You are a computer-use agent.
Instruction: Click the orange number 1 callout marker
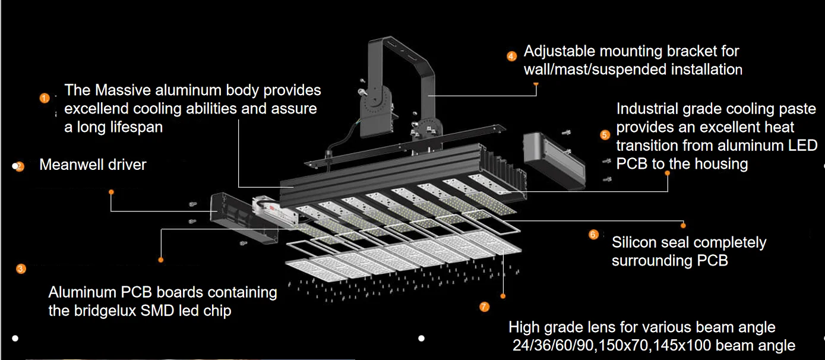tap(45, 99)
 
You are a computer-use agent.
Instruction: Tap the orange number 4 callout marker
tap(511, 56)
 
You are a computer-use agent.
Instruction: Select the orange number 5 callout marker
tap(605, 135)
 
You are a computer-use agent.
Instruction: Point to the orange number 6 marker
tap(593, 234)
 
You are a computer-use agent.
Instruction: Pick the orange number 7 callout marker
tap(484, 307)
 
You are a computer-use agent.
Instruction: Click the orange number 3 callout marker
tap(21, 269)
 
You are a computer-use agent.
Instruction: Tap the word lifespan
tap(138, 128)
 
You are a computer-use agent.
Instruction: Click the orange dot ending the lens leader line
tap(502, 296)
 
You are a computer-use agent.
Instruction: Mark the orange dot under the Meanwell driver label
tap(111, 192)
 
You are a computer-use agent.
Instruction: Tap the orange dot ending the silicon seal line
tap(683, 226)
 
